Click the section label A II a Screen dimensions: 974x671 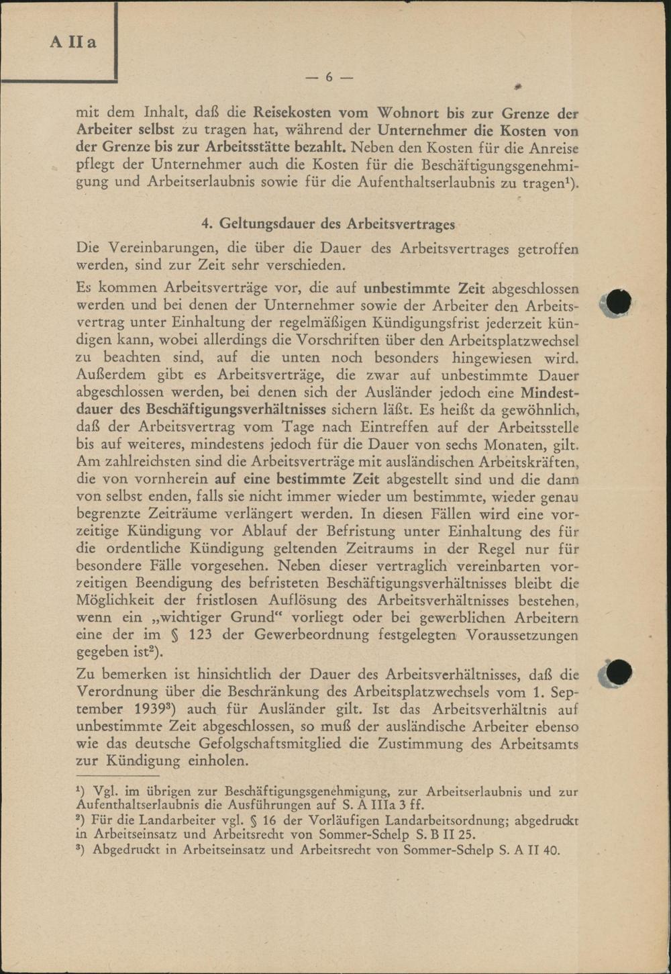[x=72, y=42]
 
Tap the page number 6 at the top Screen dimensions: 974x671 [x=329, y=77]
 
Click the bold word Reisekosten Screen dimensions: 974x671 [x=292, y=113]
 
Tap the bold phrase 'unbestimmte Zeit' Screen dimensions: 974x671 [x=424, y=289]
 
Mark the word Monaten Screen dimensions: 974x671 [x=523, y=444]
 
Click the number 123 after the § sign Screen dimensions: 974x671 [x=199, y=634]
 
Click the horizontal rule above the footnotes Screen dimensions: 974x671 [x=117, y=777]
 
